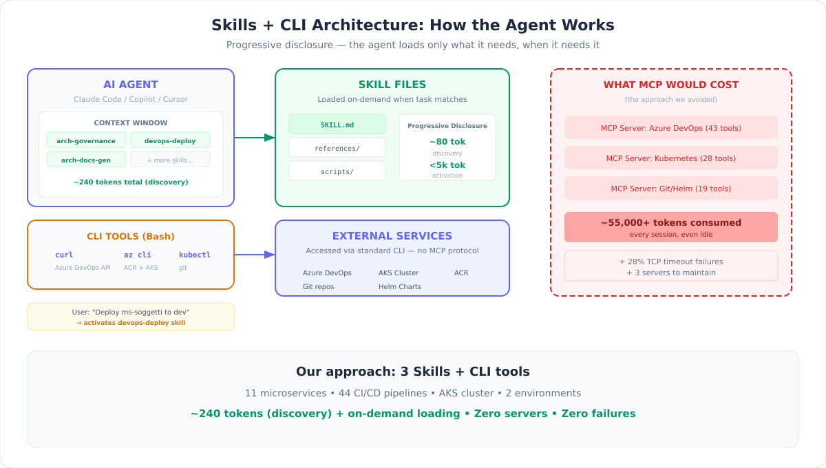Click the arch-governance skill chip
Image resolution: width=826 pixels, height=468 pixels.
[86, 140]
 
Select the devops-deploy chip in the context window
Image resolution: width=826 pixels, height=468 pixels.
[170, 140]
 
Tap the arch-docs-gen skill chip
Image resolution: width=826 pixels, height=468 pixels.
[86, 160]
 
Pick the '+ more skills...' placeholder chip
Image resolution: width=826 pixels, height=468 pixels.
[170, 160]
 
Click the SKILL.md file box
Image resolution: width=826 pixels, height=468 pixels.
[337, 125]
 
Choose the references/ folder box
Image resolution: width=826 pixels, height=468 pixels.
[337, 148]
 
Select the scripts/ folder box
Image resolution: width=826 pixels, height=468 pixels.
[337, 171]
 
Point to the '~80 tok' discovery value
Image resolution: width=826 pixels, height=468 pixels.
[447, 142]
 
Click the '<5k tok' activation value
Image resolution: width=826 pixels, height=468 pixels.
[447, 165]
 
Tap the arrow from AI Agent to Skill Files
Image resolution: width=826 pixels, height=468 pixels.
[255, 138]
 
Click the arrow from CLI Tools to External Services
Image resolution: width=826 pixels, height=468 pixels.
[255, 255]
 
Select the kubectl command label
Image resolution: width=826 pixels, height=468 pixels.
[195, 255]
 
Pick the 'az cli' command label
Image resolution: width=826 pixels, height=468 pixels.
[138, 255]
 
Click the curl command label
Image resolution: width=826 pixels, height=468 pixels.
[64, 255]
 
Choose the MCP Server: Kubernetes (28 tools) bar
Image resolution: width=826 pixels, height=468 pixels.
[671, 158]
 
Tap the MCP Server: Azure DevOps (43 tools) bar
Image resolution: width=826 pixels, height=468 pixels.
[671, 128]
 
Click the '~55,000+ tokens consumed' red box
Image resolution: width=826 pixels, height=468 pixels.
[671, 227]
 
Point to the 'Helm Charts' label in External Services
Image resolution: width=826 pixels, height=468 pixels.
[400, 286]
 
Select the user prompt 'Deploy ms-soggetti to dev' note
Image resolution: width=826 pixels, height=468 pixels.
[131, 317]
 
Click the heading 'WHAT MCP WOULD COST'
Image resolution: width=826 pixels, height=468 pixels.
[671, 85]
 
